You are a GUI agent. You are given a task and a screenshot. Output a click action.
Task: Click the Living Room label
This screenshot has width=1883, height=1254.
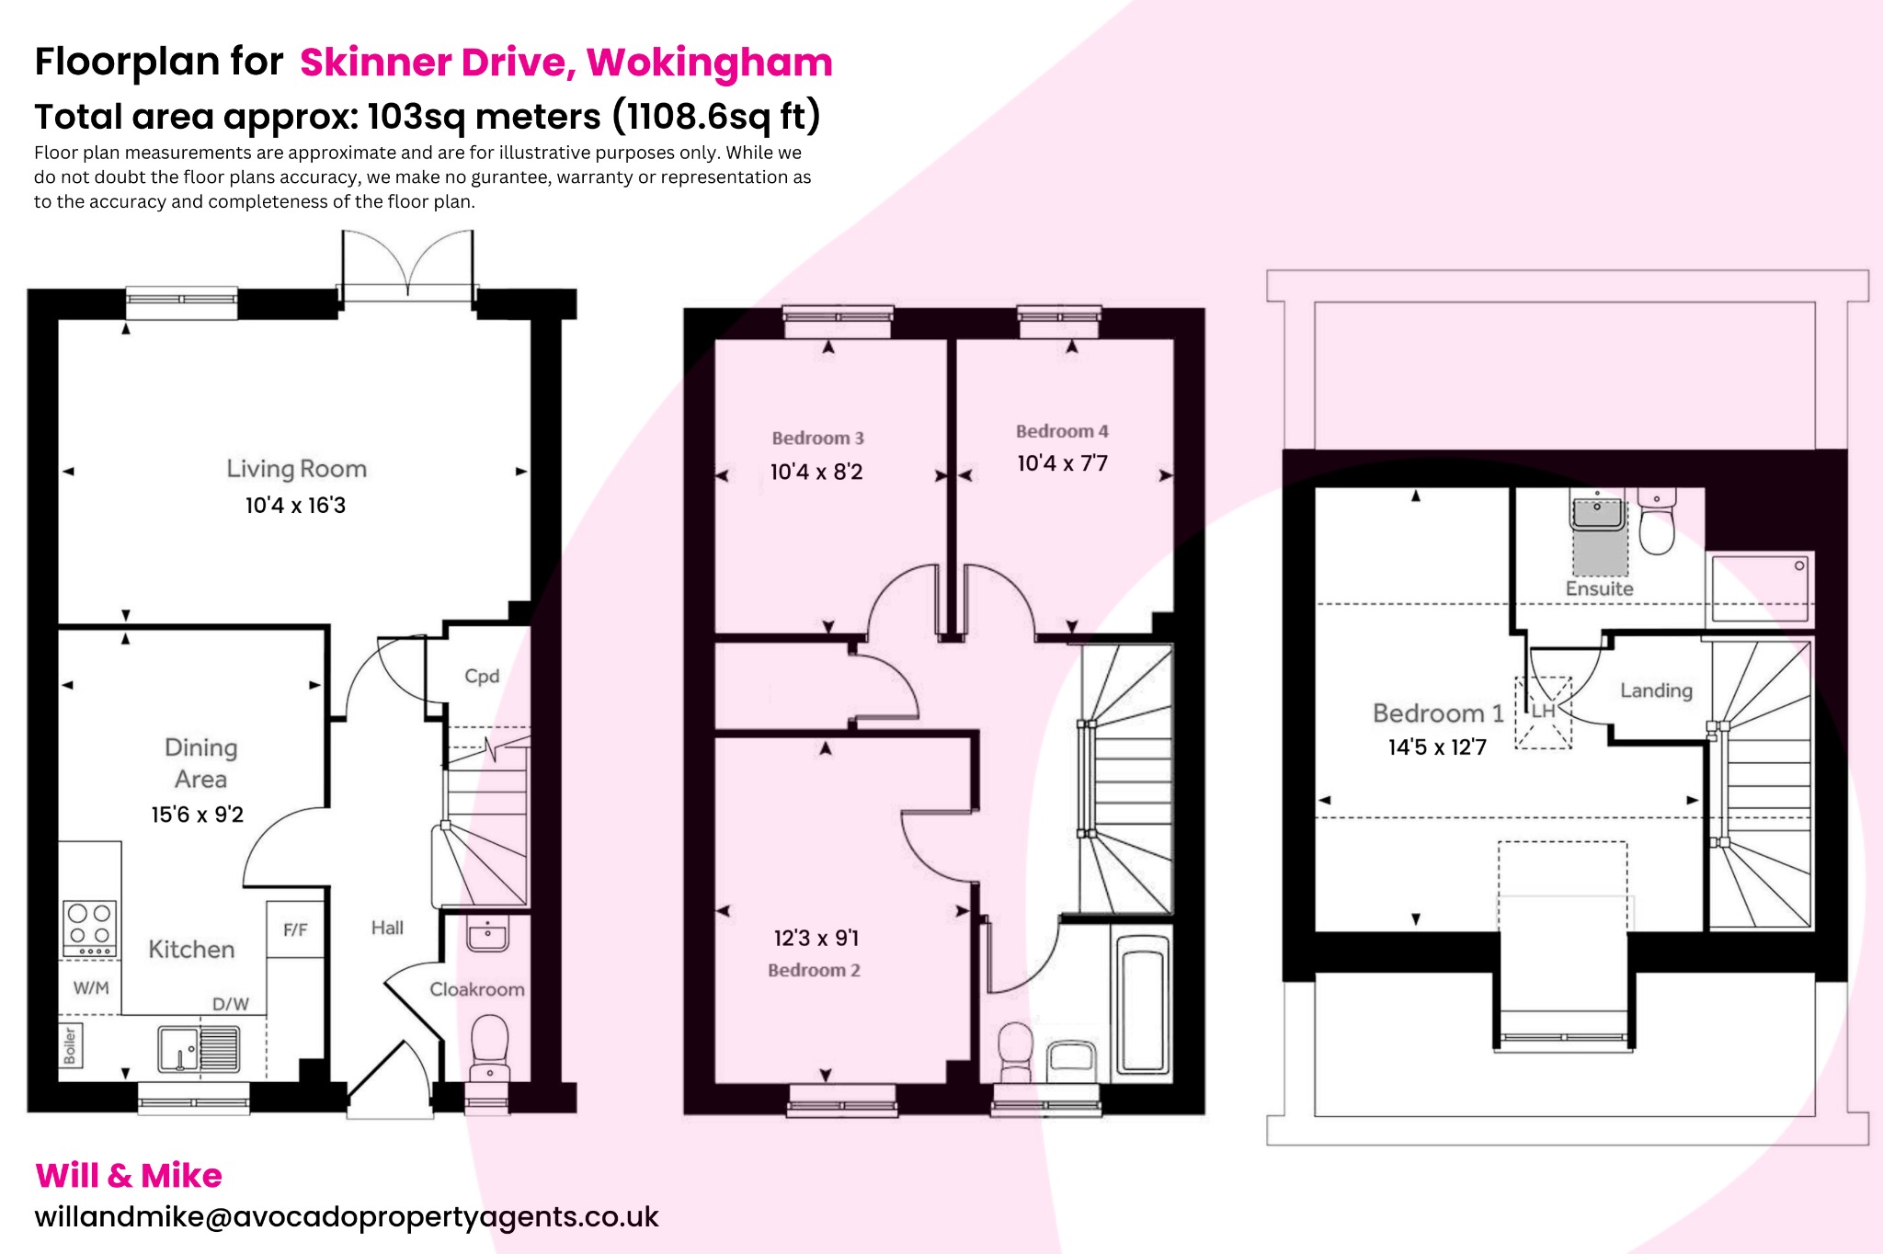296,469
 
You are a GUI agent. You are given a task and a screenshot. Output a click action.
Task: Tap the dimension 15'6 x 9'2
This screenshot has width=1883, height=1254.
198,815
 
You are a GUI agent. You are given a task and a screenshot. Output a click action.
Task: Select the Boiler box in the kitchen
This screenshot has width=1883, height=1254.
71,1046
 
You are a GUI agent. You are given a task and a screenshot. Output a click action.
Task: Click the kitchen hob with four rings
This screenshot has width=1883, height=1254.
90,929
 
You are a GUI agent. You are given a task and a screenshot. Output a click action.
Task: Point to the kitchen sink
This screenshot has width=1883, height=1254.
199,1049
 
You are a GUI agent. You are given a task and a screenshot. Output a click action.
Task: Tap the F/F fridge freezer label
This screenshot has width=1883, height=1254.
295,930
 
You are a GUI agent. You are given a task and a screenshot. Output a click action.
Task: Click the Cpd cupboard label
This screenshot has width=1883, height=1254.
482,677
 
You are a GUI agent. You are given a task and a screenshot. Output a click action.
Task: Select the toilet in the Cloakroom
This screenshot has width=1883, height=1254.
489,1046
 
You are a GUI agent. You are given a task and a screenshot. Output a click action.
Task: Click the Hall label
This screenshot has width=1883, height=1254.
387,928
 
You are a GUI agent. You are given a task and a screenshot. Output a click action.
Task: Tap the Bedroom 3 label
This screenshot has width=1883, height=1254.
817,439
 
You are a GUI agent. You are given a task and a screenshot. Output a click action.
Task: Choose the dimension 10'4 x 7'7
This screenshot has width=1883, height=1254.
1062,463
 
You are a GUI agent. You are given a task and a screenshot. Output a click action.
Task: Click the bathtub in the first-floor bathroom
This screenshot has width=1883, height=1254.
1142,1006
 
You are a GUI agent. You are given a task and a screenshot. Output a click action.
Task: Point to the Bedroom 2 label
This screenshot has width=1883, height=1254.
814,971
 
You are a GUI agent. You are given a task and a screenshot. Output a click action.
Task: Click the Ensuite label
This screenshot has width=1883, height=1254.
1599,589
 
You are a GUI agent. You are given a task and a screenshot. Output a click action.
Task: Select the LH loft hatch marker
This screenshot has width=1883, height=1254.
1543,711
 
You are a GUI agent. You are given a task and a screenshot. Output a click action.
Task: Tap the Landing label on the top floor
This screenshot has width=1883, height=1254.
1656,690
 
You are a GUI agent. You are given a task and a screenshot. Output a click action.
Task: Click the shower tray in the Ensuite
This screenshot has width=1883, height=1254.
1759,587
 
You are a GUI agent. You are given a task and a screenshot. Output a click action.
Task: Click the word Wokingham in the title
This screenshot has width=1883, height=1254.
709,63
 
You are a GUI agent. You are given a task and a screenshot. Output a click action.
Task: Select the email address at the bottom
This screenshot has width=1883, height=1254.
347,1216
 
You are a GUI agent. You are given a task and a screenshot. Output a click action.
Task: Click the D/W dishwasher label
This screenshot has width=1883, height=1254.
231,1004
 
